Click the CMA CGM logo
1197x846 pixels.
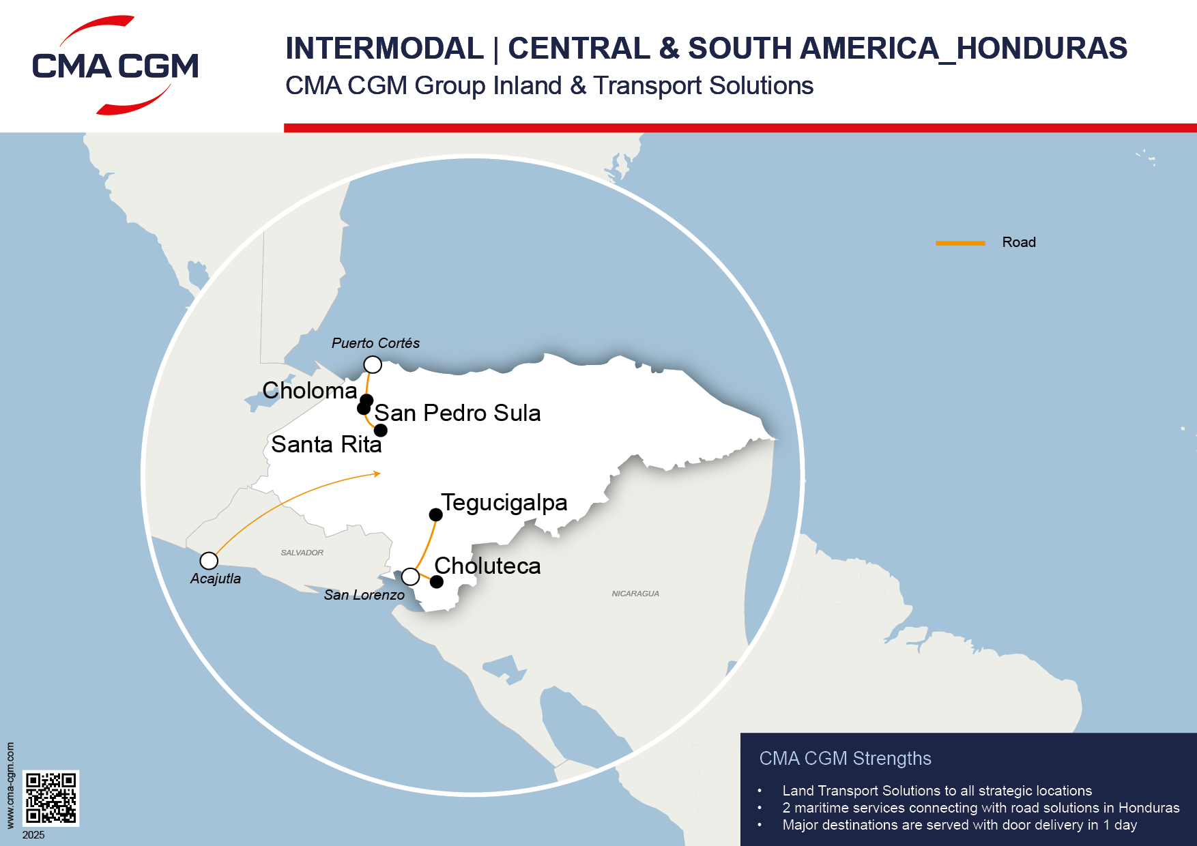[115, 65]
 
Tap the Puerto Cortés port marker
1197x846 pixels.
[373, 364]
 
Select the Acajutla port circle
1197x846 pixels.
[209, 561]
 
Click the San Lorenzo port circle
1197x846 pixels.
[410, 577]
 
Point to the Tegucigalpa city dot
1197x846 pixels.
[435, 514]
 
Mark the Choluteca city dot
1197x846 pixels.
[437, 582]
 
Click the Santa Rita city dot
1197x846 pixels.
[381, 431]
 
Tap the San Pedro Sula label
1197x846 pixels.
[457, 413]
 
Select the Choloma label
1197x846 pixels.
[309, 391]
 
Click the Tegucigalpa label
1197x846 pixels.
[504, 503]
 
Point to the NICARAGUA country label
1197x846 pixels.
[635, 594]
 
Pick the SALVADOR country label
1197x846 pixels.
[302, 553]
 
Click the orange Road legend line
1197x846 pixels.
[960, 243]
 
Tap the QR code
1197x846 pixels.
[51, 798]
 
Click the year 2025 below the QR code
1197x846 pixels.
[33, 835]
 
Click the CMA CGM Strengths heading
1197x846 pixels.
[845, 759]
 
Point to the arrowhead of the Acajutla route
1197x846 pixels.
[377, 473]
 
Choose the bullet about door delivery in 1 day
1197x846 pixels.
[959, 825]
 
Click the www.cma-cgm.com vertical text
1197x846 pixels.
[10, 785]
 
